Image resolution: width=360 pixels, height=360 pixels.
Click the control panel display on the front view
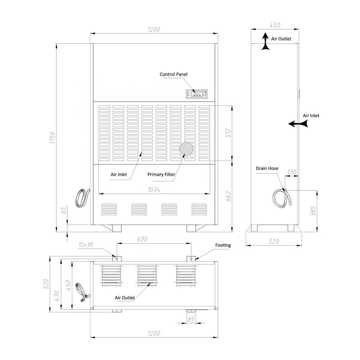(196, 94)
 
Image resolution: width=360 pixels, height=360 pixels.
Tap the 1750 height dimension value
(53, 138)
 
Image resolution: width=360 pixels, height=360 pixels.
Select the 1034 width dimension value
(154, 190)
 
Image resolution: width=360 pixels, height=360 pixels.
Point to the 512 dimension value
(228, 133)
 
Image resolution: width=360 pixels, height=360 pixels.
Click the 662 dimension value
(228, 196)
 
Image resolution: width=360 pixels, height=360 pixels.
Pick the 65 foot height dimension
(64, 210)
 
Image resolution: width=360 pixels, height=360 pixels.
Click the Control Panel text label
(174, 74)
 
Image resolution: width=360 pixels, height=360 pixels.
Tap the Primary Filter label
(161, 174)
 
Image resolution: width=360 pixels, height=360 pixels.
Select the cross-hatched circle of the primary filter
(186, 149)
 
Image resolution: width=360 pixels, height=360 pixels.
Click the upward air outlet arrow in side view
(265, 41)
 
